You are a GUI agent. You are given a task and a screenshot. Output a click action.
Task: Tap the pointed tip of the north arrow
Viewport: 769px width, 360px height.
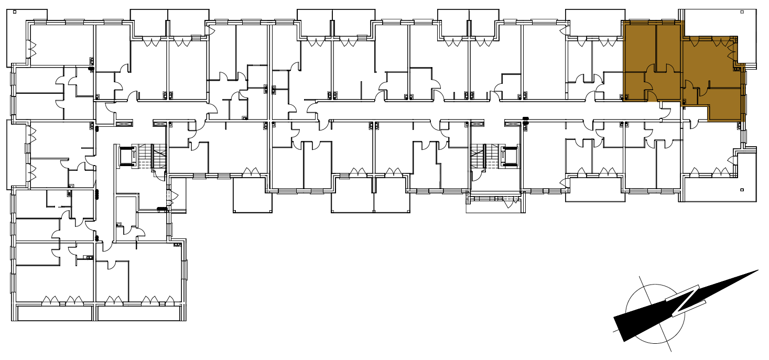coord(758,270)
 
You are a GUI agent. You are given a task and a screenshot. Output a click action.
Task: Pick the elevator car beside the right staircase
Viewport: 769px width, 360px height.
coord(509,157)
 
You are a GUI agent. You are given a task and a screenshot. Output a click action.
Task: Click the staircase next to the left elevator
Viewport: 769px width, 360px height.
coord(151,157)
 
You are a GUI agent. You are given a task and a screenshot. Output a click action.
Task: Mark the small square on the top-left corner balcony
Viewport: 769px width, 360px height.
coord(15,12)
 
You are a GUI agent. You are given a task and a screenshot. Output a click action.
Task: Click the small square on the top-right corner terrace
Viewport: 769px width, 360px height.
coord(742,12)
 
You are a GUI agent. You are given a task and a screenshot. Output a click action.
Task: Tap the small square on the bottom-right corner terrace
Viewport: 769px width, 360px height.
coord(742,190)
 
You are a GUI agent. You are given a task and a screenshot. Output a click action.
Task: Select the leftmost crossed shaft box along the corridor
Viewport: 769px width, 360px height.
coord(124,124)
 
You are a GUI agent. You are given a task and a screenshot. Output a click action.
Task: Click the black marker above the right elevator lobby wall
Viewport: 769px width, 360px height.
coord(526,119)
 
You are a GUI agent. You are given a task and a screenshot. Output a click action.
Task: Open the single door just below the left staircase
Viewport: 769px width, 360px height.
coord(159,175)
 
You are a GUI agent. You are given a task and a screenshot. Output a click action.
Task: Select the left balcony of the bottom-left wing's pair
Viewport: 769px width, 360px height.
coord(55,314)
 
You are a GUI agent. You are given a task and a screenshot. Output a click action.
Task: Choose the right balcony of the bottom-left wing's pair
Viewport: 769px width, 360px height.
coord(139,314)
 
